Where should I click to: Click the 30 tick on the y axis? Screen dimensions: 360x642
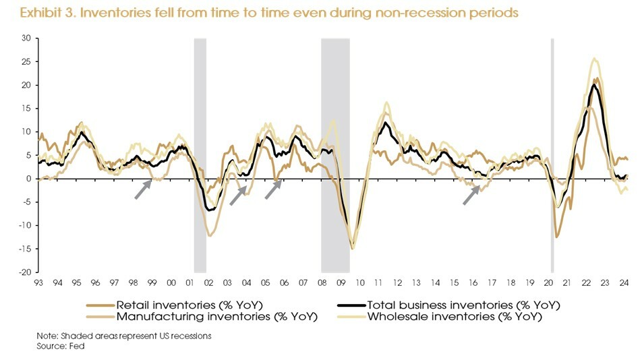(x=26, y=38)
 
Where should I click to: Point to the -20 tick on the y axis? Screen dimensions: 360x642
(x=25, y=272)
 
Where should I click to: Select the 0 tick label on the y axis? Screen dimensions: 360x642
(x=28, y=179)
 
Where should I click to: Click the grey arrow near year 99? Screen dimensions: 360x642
(x=142, y=189)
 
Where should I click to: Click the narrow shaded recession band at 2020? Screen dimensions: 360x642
(x=552, y=155)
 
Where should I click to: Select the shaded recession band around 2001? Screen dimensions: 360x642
(x=200, y=155)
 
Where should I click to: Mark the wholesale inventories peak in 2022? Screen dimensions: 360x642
(x=594, y=59)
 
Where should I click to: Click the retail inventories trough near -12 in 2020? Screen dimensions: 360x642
(x=556, y=237)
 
